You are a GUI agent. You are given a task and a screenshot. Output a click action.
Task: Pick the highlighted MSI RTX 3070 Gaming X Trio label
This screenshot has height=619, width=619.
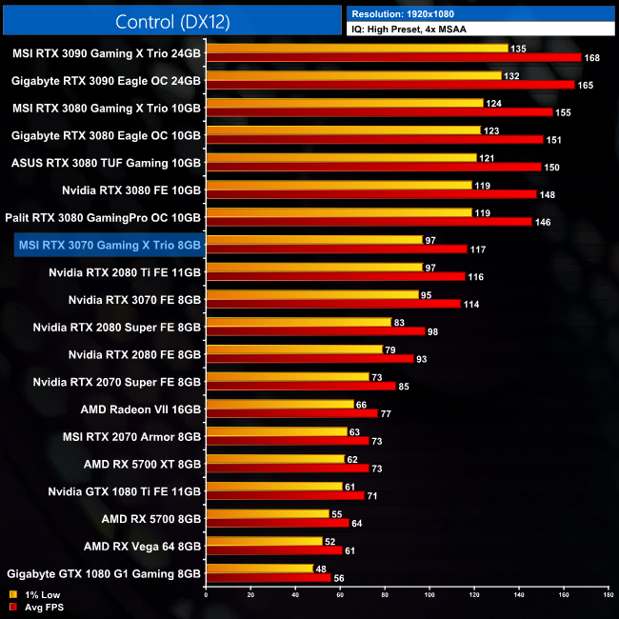[109, 246]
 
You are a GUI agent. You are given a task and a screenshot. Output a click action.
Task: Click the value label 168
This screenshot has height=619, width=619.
[592, 57]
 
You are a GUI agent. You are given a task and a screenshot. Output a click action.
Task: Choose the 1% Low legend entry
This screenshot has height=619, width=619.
[33, 594]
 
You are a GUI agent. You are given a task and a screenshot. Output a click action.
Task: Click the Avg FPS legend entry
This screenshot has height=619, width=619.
[35, 607]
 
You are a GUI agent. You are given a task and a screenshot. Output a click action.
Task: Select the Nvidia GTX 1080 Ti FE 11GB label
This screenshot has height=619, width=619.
[124, 492]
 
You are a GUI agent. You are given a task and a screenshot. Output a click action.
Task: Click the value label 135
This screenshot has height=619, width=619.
[519, 48]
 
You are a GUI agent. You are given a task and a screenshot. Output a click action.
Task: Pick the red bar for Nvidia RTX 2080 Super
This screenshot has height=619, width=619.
[314, 331]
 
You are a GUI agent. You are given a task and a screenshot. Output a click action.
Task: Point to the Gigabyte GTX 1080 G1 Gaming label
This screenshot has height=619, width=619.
[104, 574]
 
